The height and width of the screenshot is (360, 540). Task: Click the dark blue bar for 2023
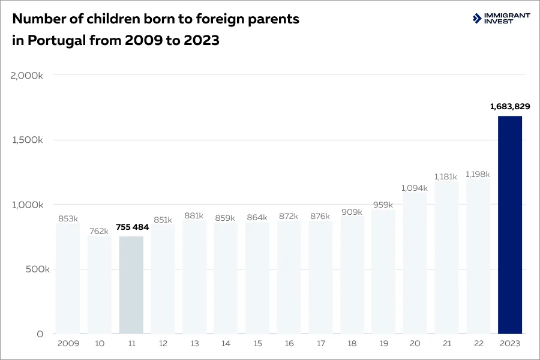[510, 225]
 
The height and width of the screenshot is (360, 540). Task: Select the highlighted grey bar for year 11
[131, 285]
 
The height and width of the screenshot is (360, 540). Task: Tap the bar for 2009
[68, 278]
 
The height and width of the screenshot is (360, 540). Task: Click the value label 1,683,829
[509, 106]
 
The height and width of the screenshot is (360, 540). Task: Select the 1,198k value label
[478, 174]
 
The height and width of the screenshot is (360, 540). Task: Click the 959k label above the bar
[383, 205]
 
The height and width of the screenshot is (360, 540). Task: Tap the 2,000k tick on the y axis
[27, 75]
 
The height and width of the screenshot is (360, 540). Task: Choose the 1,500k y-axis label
[27, 140]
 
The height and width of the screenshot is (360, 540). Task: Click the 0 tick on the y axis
[40, 334]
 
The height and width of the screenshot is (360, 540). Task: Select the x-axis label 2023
[509, 344]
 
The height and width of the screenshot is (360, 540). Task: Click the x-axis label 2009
[68, 344]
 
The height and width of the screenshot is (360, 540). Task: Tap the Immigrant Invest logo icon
[477, 19]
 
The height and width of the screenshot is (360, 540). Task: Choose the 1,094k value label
[415, 188]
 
